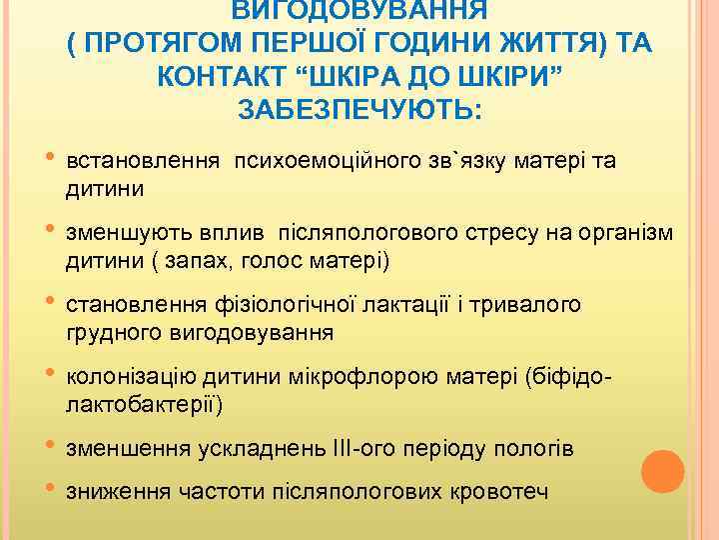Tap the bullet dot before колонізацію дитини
(50, 374)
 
